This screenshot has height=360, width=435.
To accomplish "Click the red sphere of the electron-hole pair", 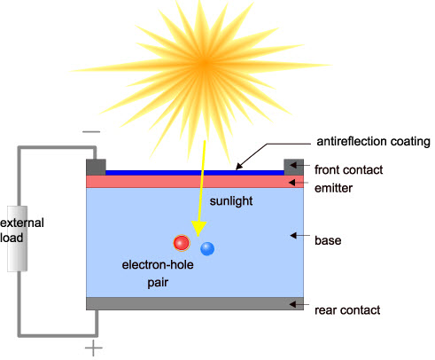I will click(x=182, y=242).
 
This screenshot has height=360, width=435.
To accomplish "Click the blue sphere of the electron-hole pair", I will click(x=207, y=248).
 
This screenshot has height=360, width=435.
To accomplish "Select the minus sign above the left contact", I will click(x=91, y=131).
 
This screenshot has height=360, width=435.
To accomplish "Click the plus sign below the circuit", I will click(x=93, y=348).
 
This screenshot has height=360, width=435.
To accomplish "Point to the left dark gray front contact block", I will click(x=96, y=167).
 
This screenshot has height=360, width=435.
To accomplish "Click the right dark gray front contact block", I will click(x=293, y=167).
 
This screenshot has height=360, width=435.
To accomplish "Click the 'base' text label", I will click(x=330, y=239).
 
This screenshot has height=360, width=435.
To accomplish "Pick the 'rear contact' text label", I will click(x=347, y=309).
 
